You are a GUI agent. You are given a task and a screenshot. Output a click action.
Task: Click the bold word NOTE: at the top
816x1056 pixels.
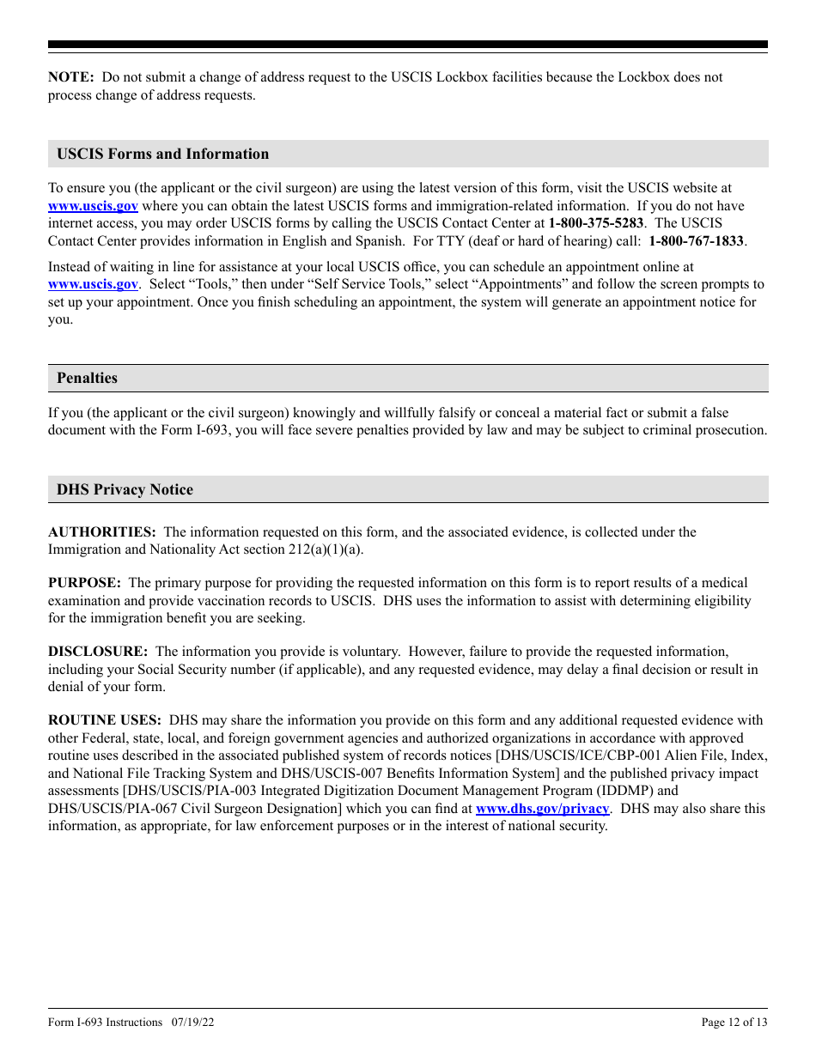point(70,77)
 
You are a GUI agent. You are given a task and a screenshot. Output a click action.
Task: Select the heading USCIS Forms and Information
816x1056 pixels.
point(162,155)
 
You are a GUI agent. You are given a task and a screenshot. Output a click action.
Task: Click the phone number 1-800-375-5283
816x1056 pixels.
point(596,223)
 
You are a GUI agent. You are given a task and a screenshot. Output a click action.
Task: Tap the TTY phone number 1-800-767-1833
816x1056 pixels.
point(696,241)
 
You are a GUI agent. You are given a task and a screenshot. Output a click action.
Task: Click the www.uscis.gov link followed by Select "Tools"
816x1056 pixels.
point(93,284)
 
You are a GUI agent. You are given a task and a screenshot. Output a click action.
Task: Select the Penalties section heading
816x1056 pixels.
point(87,379)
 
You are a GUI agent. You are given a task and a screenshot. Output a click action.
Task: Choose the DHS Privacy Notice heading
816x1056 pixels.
point(125,490)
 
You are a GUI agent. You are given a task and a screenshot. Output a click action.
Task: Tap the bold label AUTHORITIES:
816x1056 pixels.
point(101,532)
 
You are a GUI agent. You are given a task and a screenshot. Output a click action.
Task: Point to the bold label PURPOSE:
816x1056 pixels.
point(84,583)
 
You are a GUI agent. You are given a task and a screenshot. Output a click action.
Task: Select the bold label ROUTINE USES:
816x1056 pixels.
point(104,721)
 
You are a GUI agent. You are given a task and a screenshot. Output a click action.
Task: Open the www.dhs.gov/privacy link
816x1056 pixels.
point(543,809)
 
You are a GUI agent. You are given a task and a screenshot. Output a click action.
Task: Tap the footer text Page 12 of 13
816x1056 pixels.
point(734,1023)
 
